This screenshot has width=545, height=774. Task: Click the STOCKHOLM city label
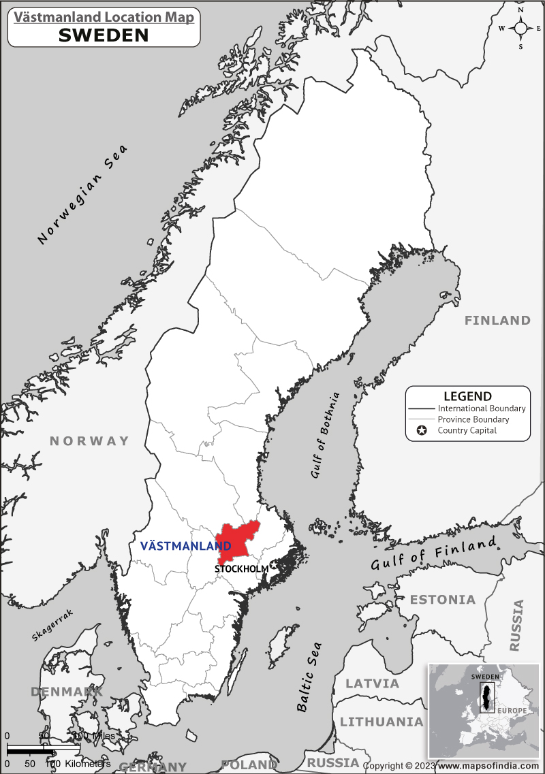241,568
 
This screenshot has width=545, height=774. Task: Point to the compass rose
520,28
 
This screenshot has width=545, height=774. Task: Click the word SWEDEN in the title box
104,35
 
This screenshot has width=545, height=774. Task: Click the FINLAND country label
497,320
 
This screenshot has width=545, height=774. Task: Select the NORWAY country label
89,441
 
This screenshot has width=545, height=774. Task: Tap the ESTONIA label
443,600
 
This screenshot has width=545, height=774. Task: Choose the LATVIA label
372,683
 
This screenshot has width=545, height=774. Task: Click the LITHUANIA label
381,722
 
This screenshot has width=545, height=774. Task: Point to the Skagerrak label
52,625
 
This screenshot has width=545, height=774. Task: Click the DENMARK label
65,692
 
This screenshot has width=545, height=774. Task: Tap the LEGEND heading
467,396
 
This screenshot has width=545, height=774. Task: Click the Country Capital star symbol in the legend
422,430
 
